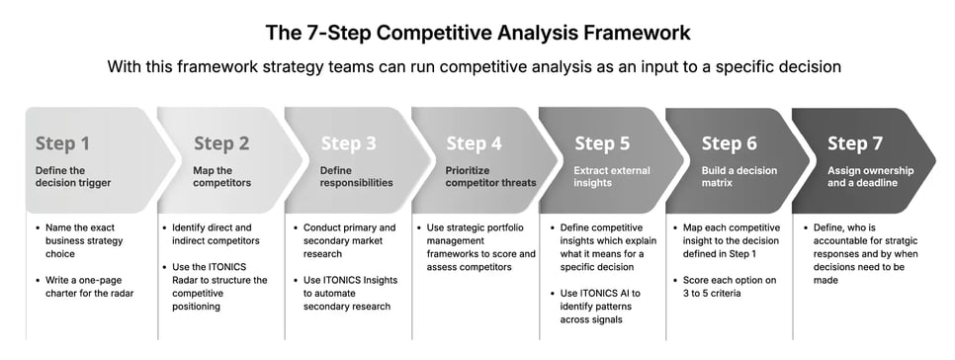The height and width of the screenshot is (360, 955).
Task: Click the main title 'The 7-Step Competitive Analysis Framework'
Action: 477,32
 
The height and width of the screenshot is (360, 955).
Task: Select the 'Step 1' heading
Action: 62,143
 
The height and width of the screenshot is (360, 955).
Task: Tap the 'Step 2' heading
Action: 220,143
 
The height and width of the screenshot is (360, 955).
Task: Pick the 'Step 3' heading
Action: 348,143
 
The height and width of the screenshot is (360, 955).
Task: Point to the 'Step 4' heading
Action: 474,143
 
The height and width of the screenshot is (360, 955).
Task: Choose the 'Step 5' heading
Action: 601,143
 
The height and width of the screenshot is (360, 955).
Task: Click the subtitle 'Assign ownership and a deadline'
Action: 870,176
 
